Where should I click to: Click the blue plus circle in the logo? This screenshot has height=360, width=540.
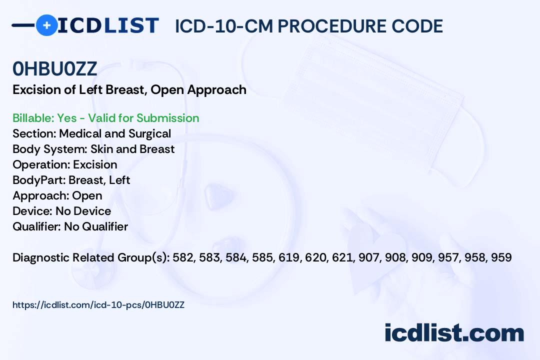46,25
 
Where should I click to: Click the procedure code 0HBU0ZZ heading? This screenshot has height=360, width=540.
55,68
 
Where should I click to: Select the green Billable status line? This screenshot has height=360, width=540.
105,118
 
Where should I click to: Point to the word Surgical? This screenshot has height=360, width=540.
150,133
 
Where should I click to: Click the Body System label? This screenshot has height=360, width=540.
50,149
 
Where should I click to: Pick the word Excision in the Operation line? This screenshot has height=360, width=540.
95,164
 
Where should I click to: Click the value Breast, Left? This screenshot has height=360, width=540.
99,180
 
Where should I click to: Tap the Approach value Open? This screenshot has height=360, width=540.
87,195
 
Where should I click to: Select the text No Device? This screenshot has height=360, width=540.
83,211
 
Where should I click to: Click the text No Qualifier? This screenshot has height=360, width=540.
96,226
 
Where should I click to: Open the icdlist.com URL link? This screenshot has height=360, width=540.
98,305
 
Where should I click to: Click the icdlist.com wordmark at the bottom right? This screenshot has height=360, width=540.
454,333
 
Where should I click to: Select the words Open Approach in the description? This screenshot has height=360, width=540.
198,90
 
